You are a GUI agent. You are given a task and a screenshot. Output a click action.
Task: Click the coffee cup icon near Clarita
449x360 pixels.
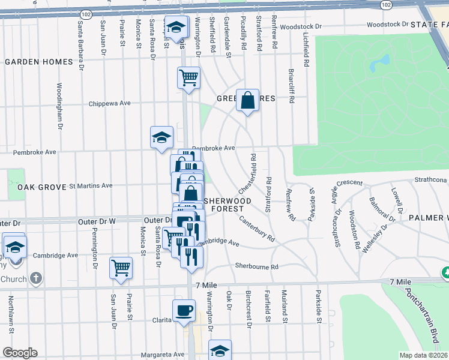point(184,311)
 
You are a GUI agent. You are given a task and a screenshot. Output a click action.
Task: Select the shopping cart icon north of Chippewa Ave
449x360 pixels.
point(188,77)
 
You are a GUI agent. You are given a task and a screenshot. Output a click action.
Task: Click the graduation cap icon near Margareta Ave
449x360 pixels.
point(220,350)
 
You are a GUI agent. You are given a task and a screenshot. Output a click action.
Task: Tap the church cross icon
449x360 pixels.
point(36,278)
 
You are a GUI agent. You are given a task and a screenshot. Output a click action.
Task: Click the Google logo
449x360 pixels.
point(20,353)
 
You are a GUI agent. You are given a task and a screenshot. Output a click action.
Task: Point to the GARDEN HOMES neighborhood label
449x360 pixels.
point(39,62)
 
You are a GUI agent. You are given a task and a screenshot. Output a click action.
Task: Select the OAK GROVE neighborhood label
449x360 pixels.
point(41,187)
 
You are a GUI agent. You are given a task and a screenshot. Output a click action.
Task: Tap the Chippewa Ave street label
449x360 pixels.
point(109,103)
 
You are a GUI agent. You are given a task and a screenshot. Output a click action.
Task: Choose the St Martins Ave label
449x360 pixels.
point(91,186)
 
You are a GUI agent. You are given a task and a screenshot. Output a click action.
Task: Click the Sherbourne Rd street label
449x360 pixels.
point(257,266)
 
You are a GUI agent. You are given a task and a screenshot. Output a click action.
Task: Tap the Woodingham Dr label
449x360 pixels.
point(60,106)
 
